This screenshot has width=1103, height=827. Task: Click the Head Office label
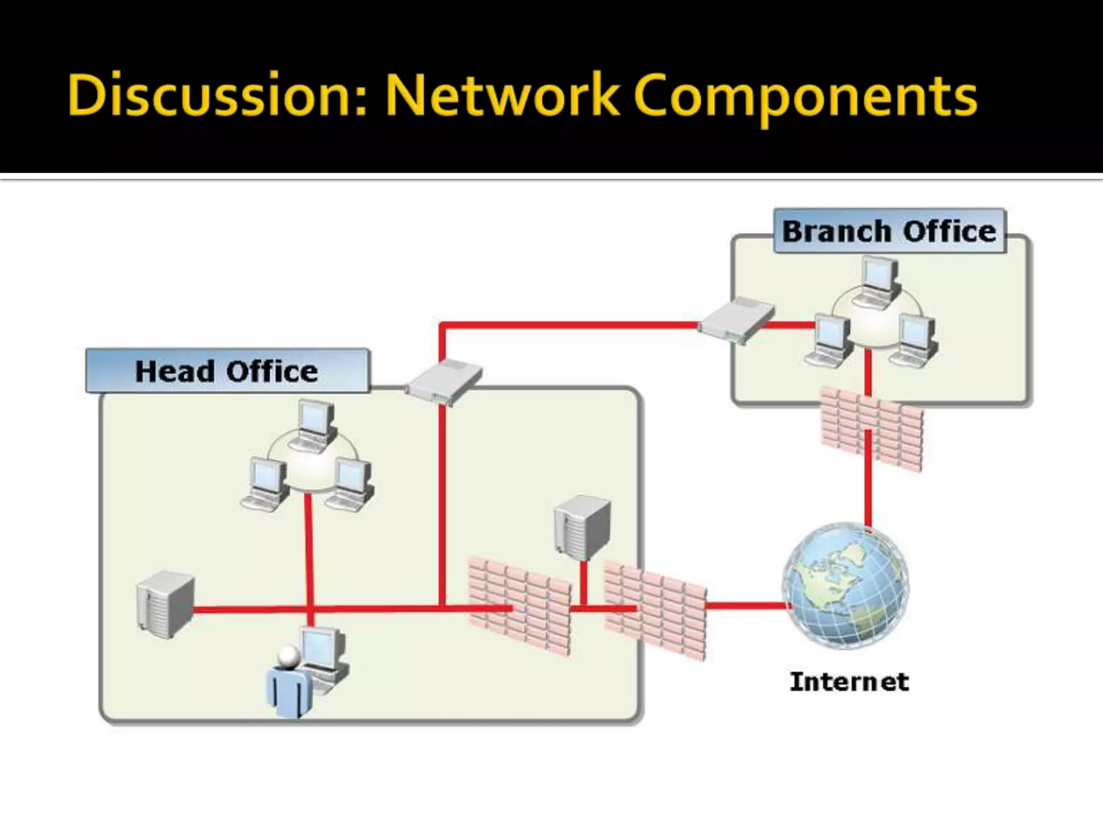tap(227, 371)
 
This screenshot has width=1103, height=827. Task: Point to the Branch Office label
tap(889, 231)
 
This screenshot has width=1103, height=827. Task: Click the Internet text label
tap(849, 682)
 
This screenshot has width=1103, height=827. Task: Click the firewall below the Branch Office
tap(871, 429)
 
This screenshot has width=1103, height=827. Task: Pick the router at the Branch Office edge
tap(736, 320)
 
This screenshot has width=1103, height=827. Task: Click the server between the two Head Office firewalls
tap(583, 528)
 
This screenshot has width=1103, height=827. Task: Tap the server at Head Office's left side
tap(165, 605)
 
